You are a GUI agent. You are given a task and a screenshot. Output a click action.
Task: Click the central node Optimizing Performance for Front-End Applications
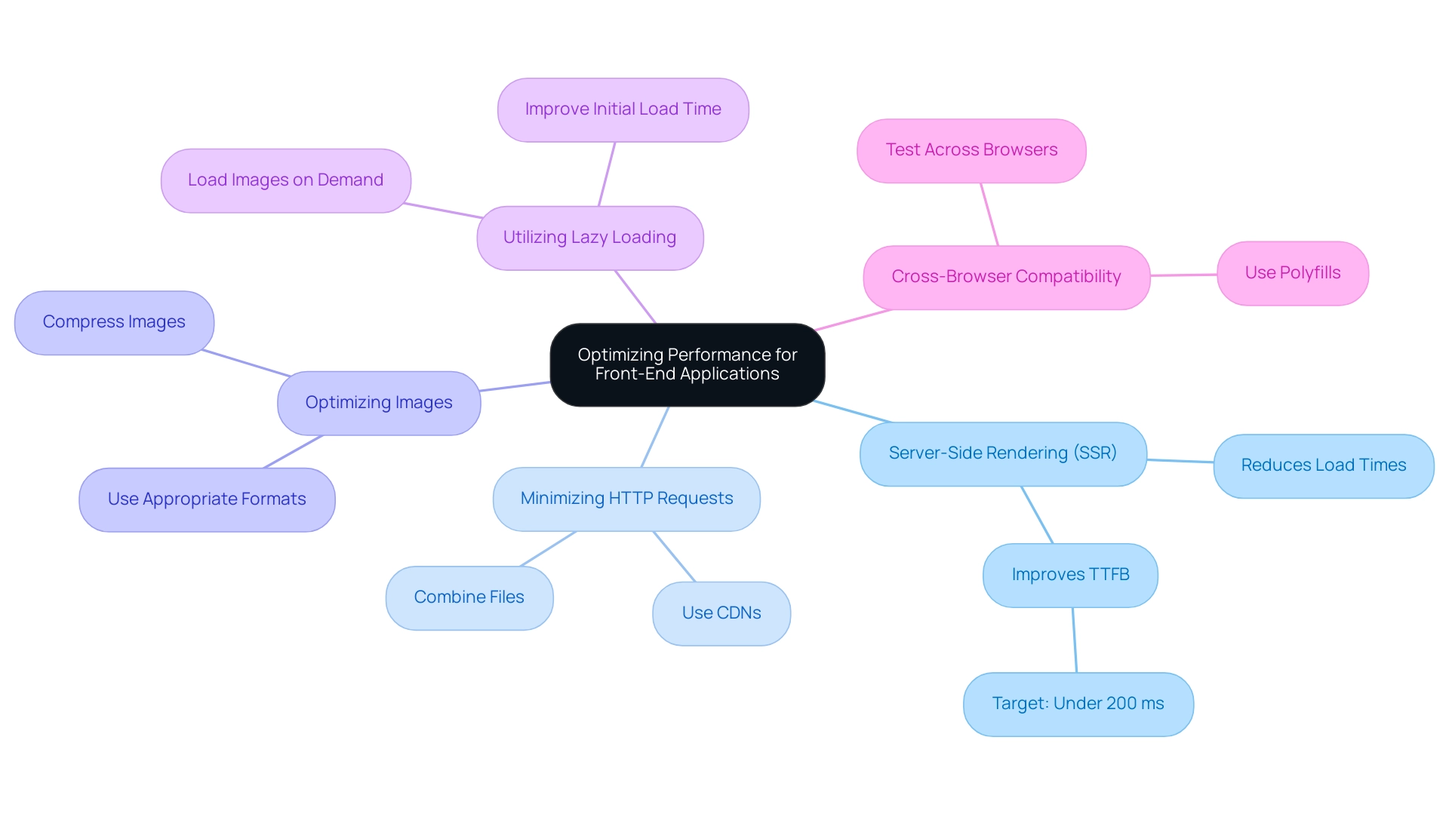[687, 364]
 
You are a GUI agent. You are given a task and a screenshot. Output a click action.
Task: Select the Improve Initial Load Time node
[623, 109]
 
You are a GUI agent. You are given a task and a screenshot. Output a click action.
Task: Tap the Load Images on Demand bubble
[285, 180]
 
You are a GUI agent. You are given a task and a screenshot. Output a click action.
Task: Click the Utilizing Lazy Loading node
[589, 238]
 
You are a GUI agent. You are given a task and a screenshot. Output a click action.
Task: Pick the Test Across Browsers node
[971, 150]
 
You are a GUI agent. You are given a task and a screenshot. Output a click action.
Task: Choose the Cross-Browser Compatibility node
[1006, 277]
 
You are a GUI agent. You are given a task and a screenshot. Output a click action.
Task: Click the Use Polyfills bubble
[1292, 273]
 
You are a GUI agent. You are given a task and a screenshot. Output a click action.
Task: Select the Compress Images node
[114, 322]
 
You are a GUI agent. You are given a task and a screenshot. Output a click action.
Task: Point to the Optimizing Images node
[379, 403]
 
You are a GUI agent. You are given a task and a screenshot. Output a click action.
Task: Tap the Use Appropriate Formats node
[207, 499]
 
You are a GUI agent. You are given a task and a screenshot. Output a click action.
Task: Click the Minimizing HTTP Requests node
[626, 499]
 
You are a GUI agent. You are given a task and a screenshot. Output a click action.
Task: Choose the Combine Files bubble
[469, 597]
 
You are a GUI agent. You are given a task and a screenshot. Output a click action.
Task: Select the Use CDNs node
[721, 613]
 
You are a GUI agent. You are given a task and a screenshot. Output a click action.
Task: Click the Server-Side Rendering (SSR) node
[1003, 453]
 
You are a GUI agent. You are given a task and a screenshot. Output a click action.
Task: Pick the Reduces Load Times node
[1323, 465]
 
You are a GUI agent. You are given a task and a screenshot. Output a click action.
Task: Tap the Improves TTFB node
[1070, 575]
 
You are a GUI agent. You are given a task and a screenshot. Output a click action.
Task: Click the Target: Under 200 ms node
[1078, 704]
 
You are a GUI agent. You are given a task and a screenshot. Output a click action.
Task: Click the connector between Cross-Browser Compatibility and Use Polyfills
[1183, 275]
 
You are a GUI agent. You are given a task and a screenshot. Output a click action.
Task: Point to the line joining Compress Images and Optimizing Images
[246, 363]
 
